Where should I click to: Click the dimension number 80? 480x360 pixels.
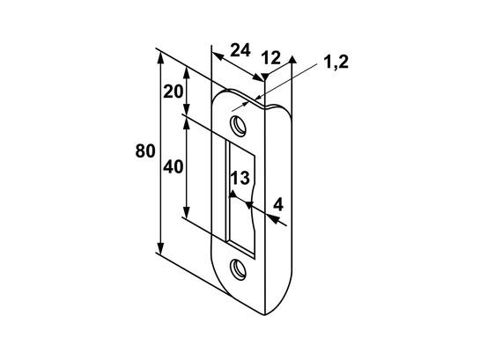(145, 151)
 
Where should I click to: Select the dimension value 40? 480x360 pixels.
(173, 167)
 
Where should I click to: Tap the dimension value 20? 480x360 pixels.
(173, 92)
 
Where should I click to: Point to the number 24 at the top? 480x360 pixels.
(240, 50)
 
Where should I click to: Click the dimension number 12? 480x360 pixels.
(271, 58)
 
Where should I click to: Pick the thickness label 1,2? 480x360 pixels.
(336, 62)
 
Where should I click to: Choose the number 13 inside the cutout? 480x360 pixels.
(240, 178)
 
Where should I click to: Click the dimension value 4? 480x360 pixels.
(278, 204)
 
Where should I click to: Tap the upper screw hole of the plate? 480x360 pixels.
(238, 125)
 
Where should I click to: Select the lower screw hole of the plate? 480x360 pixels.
(238, 269)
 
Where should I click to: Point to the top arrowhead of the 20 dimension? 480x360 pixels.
(187, 73)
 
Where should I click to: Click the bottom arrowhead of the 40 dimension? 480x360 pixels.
(187, 212)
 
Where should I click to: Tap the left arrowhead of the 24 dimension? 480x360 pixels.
(218, 56)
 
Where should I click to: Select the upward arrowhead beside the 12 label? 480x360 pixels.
(292, 59)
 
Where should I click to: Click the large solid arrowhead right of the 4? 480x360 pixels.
(273, 218)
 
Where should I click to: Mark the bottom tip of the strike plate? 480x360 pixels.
(264, 315)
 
